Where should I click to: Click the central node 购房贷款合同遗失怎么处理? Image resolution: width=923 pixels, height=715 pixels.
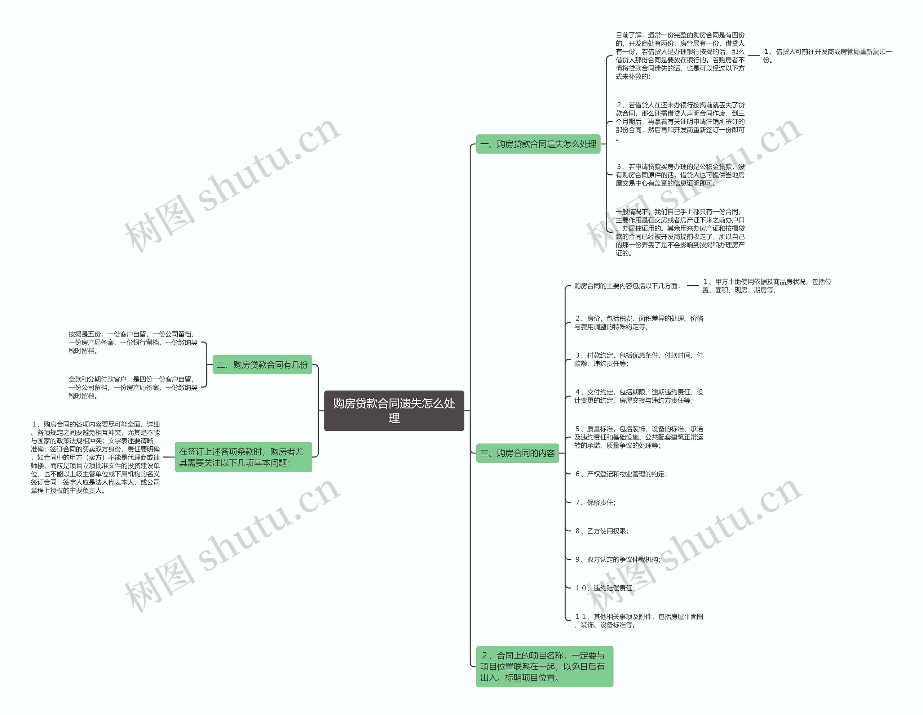(x=394, y=411)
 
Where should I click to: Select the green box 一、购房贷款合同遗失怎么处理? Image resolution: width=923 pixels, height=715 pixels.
(x=538, y=144)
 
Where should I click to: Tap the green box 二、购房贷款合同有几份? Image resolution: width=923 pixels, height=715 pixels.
(x=262, y=365)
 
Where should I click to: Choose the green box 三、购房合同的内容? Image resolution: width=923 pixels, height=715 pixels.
(x=517, y=453)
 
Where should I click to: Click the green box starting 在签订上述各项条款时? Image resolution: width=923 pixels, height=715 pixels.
(x=243, y=457)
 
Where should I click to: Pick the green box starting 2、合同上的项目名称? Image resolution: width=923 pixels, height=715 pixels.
(x=544, y=666)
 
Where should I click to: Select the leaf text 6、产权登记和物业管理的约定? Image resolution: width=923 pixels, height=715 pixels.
(x=621, y=474)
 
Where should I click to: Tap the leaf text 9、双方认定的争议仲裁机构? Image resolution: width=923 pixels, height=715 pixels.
(x=618, y=560)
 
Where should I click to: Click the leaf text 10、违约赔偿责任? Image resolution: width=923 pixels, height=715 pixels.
(x=605, y=588)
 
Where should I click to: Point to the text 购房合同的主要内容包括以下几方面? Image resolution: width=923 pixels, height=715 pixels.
(x=627, y=286)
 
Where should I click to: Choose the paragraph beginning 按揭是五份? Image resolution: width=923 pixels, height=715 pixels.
(x=133, y=342)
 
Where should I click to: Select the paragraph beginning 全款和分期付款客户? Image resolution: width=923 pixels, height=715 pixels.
(x=133, y=387)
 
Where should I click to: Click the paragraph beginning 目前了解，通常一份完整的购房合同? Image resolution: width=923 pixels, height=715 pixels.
(x=680, y=56)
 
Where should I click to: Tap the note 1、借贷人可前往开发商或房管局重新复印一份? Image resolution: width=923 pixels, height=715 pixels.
(x=827, y=56)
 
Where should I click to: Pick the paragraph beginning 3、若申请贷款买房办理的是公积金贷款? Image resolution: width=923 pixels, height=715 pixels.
(x=680, y=175)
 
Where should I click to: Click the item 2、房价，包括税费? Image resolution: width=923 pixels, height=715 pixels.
(x=638, y=322)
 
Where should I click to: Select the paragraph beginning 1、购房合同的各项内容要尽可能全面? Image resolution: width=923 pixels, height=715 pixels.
(x=96, y=457)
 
